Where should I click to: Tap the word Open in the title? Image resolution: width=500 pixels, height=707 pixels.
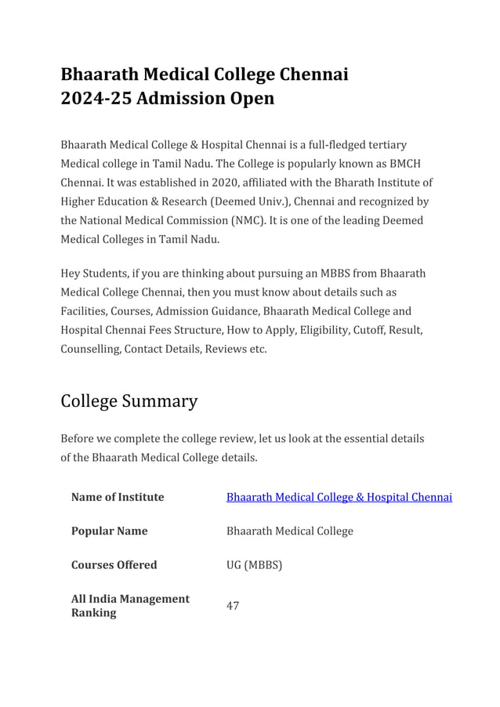248,99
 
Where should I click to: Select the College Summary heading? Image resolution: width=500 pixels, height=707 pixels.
129,401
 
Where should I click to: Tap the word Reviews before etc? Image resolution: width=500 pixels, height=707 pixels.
224,349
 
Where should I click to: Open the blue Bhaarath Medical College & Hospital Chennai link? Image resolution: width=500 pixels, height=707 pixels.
339,497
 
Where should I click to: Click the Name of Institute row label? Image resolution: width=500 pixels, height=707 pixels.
118,497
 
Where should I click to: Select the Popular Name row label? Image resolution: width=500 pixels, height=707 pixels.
109,531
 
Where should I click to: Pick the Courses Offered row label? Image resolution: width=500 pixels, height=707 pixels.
114,564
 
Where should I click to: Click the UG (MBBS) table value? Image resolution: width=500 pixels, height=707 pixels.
254,564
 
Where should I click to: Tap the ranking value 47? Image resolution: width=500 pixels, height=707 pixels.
233,606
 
